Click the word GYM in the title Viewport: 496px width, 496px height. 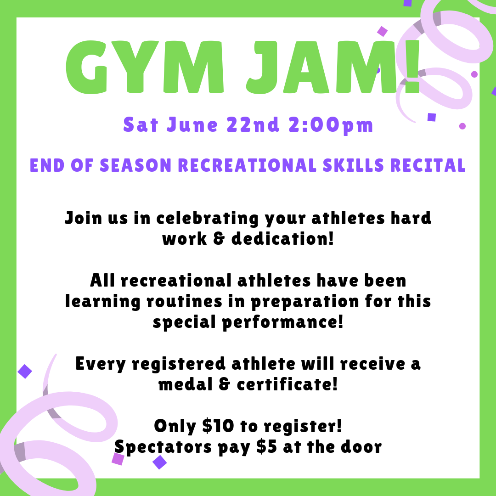coord(145,67)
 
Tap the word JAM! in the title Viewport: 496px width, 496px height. coord(333,67)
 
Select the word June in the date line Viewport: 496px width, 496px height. coord(192,124)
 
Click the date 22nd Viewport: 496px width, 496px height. coord(253,124)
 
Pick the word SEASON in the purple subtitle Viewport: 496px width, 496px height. coord(135,165)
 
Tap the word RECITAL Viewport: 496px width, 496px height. coord(428,165)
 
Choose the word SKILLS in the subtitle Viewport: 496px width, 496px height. coord(353,165)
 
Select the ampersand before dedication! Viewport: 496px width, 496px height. coord(219,239)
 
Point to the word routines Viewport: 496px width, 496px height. coord(184,301)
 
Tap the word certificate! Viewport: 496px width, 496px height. coord(287,384)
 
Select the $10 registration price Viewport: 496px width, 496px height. coord(218,426)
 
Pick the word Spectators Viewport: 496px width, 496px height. coord(163,447)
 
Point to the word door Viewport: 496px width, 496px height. coord(361,447)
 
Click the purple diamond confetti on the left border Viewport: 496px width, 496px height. coord(25,372)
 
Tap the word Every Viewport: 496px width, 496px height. coord(101,364)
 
